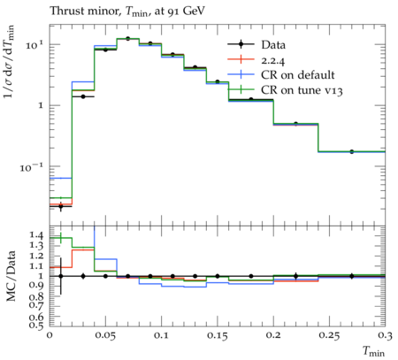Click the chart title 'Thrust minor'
point(85,11)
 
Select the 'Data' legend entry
point(273,45)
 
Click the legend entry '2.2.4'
point(273,60)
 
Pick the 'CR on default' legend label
point(298,75)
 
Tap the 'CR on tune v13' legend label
point(302,90)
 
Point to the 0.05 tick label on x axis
point(105,336)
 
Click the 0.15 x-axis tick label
point(218,336)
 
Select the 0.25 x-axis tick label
point(329,336)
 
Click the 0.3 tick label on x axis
point(386,336)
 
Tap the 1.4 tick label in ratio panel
point(36,235)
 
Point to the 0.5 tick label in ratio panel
point(36,326)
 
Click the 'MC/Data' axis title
point(11,276)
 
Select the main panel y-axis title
point(10,61)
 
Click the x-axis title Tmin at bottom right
point(374,351)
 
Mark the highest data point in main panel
point(127,39)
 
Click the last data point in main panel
point(352,151)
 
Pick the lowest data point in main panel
point(61,206)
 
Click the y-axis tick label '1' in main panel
point(41,105)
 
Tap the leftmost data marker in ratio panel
point(61,276)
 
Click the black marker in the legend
point(241,44)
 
